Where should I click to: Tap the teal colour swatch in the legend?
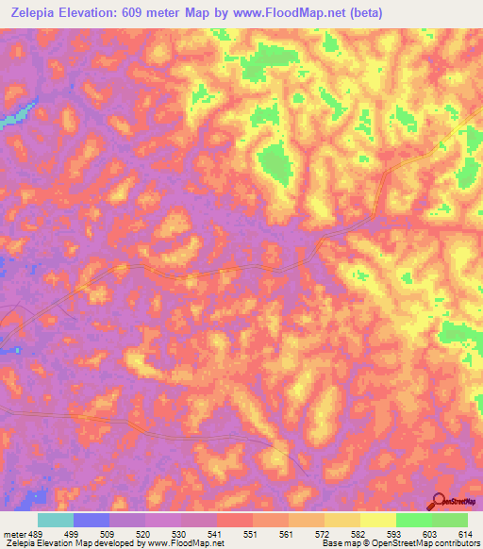[x=56, y=520]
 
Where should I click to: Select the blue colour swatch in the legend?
[x=92, y=520]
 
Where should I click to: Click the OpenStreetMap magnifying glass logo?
[x=440, y=501]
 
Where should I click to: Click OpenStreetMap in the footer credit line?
[x=392, y=543]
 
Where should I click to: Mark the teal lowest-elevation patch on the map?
[x=11, y=118]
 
